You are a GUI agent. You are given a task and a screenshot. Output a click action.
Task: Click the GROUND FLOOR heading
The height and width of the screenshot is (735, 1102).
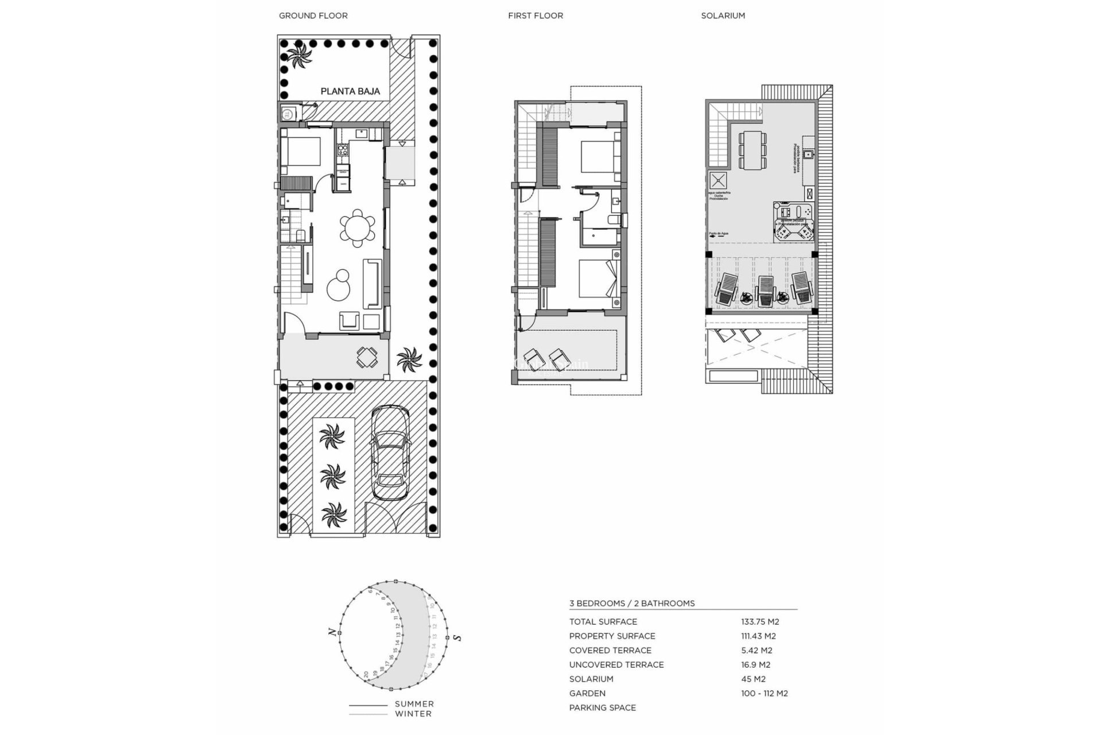[x=313, y=16]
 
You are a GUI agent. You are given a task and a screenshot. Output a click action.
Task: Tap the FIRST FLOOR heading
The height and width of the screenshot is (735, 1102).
[x=535, y=16]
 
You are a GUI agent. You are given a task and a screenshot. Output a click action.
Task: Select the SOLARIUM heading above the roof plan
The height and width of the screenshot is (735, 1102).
[x=723, y=16]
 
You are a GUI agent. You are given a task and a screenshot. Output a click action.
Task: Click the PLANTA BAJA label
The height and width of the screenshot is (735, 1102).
[x=350, y=91]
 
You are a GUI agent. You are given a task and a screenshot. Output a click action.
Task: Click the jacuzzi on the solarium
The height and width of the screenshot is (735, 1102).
[x=793, y=222]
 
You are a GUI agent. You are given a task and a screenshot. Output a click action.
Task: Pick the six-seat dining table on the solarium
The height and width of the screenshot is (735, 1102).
[x=752, y=150]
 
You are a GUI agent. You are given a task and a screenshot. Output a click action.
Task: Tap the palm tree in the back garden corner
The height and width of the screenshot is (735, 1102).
[x=299, y=57]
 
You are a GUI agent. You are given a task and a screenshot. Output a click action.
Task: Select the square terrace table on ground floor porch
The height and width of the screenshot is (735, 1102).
[x=367, y=357]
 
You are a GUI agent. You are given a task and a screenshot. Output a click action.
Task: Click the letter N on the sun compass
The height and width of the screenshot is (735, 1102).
[x=332, y=632]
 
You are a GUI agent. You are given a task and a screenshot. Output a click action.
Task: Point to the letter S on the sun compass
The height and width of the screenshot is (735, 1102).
[x=457, y=637]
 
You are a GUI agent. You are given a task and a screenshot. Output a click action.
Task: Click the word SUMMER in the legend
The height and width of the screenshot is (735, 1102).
[x=414, y=703]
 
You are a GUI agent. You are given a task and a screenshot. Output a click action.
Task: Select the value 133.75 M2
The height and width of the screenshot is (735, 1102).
[x=759, y=621]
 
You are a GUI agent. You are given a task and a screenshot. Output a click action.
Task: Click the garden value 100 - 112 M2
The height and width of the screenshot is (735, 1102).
[x=764, y=693]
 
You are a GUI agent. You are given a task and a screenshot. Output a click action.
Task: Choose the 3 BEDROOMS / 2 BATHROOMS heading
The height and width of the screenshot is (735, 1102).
[x=631, y=603]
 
